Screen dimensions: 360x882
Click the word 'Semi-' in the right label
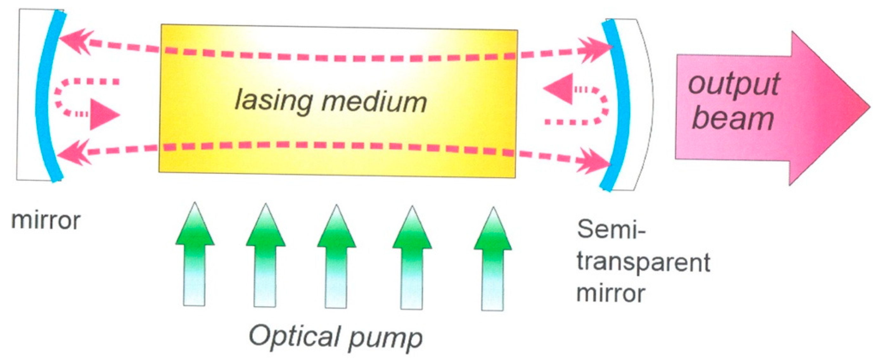pos(611,229)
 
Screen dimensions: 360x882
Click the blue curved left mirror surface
pos(43,96)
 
